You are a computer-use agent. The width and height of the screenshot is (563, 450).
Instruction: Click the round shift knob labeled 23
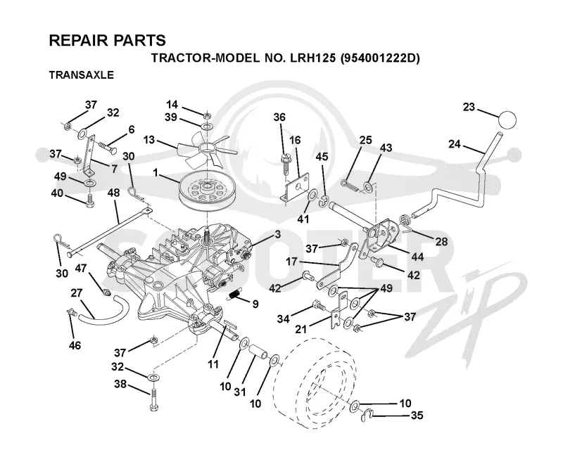coord(507,120)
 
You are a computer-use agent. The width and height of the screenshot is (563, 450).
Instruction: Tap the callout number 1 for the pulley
coord(156,174)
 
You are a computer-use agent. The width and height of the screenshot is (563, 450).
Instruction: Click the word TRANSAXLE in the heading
coord(81,75)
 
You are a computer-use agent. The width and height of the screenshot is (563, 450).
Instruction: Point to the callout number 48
coord(113,193)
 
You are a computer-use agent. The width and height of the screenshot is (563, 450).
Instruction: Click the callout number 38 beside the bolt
coord(120,384)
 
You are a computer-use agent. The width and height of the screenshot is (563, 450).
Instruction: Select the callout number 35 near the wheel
coord(417,415)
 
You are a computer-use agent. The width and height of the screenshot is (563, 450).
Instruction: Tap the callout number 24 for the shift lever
coord(455,144)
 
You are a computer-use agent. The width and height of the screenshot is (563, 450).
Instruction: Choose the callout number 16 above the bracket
coord(295,140)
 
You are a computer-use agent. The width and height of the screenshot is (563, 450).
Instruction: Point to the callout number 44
coord(417,257)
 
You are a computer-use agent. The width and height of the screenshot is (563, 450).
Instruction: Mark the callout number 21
coord(301,328)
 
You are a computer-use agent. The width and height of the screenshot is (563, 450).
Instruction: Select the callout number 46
coord(75,345)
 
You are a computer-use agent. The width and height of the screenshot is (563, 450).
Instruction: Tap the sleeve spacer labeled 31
coord(258,352)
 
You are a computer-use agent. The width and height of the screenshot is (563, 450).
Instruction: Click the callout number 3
coord(277,234)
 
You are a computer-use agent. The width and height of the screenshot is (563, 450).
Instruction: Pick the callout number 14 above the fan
coord(172,105)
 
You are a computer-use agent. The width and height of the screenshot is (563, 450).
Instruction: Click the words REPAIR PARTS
coord(108,40)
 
